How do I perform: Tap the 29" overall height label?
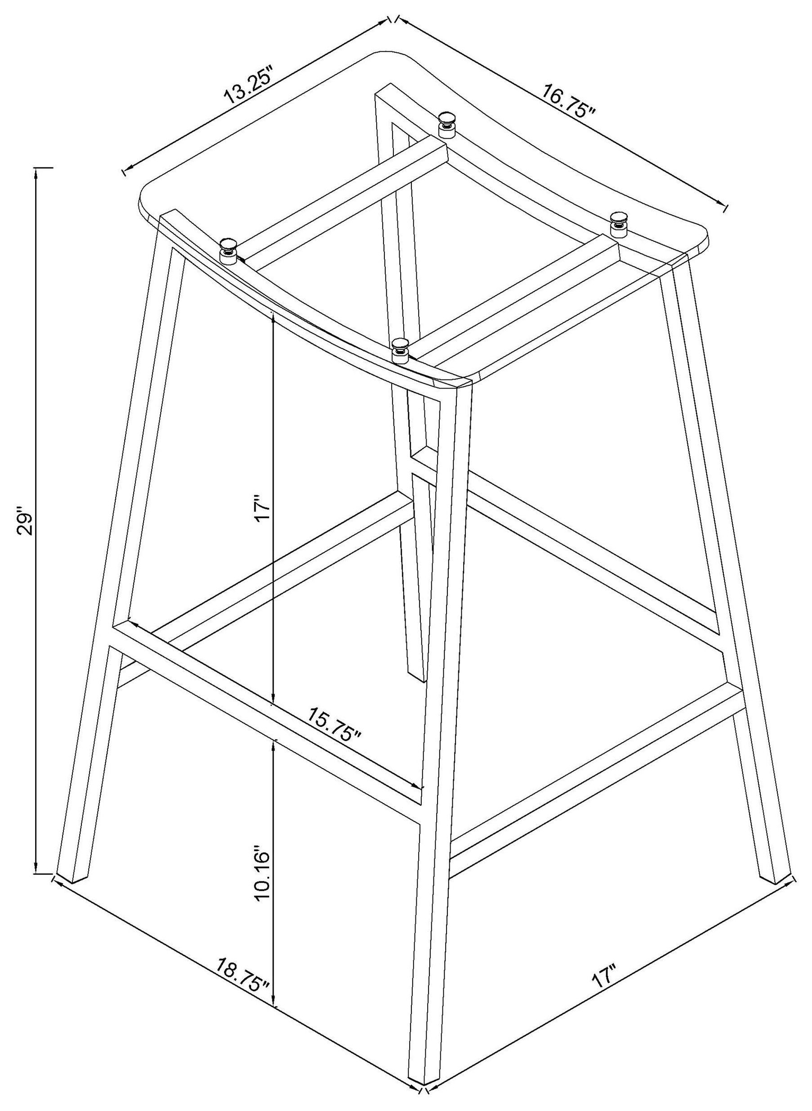click(25, 524)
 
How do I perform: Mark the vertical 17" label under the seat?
click(262, 511)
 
